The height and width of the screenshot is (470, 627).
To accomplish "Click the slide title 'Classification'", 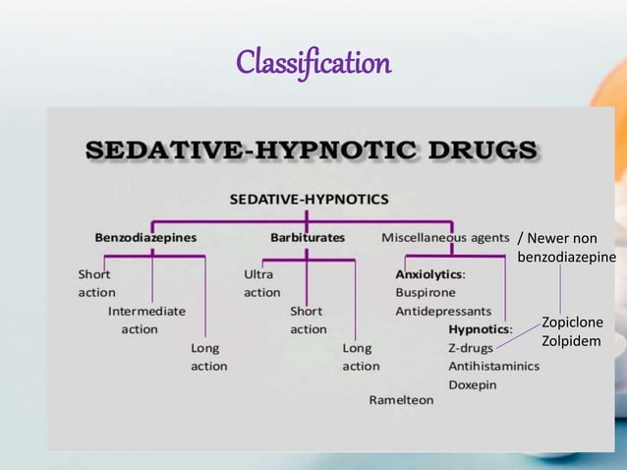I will click(313, 65).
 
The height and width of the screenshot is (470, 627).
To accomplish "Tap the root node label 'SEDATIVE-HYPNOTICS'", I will click(309, 199).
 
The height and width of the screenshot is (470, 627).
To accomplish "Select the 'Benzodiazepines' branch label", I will click(145, 237).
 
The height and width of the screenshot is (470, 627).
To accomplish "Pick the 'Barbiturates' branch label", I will click(308, 237).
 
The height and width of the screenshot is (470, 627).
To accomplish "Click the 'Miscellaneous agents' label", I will click(445, 237).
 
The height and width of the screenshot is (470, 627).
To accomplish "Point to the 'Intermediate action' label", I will click(146, 320).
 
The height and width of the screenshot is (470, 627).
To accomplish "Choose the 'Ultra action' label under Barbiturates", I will click(261, 283).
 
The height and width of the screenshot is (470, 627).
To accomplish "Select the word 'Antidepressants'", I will click(443, 311).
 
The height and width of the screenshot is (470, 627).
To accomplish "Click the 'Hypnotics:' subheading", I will click(481, 329).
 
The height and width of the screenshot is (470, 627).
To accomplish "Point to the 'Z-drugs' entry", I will click(471, 348).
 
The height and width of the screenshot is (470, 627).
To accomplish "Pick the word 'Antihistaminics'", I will click(493, 366).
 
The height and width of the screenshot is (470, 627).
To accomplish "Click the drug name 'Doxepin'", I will click(473, 384).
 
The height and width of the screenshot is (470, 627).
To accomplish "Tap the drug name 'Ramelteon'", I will click(401, 400).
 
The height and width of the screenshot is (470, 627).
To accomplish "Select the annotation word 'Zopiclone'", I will click(572, 323).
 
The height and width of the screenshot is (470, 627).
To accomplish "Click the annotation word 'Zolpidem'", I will click(570, 341).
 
